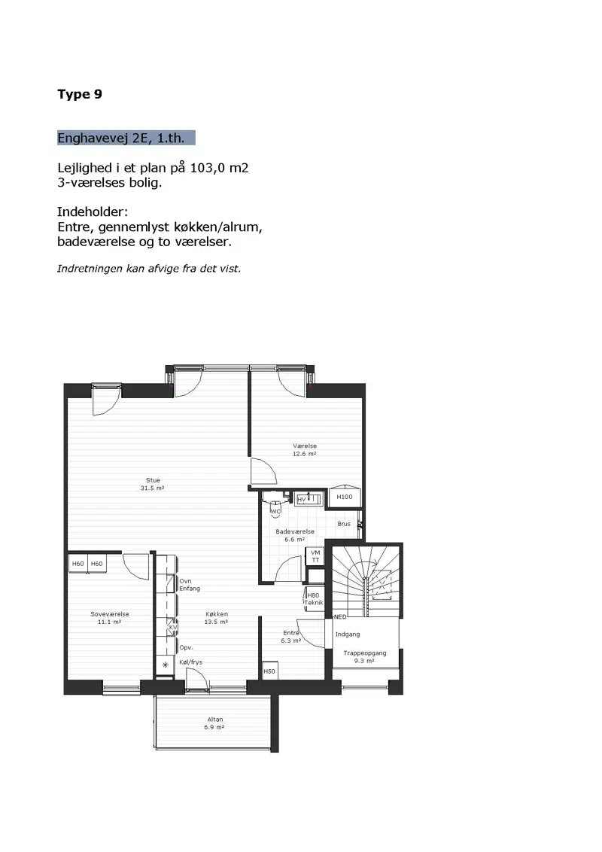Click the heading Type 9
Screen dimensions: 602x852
pyautogui.click(x=80, y=94)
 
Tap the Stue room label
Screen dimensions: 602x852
pyautogui.click(x=153, y=480)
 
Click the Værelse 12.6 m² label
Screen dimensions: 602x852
pyautogui.click(x=304, y=450)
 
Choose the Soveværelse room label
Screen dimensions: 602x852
pyautogui.click(x=110, y=614)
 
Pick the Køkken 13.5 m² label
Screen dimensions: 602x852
pyautogui.click(x=216, y=618)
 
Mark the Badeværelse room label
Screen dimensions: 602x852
pyautogui.click(x=295, y=531)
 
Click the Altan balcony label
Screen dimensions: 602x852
pyautogui.click(x=215, y=720)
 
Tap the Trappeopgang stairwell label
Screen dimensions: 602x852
pyautogui.click(x=364, y=653)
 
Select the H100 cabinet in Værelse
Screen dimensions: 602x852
pyautogui.click(x=345, y=496)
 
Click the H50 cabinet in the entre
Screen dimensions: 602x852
pyautogui.click(x=269, y=671)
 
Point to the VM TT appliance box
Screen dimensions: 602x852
pyautogui.click(x=315, y=556)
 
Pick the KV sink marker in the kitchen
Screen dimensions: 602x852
pyautogui.click(x=173, y=627)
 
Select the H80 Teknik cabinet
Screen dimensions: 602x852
pyautogui.click(x=315, y=599)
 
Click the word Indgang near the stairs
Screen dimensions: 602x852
pyautogui.click(x=348, y=634)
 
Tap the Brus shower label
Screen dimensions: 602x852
pyautogui.click(x=344, y=524)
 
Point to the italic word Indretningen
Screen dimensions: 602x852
pyautogui.click(x=90, y=269)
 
